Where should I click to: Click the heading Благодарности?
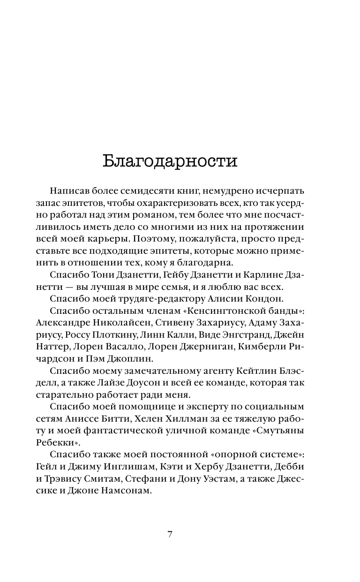(x=170, y=161)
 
